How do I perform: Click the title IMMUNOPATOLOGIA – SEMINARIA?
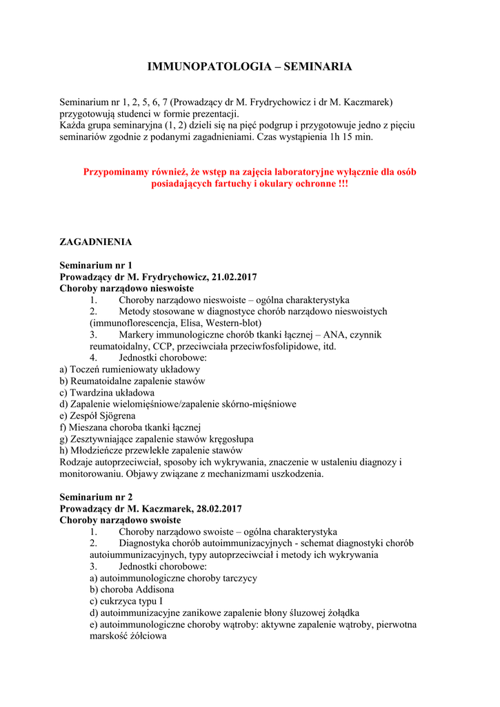[250, 67]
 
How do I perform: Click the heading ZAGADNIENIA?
[95, 242]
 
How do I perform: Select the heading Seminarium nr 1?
[96, 265]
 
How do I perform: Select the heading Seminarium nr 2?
[96, 497]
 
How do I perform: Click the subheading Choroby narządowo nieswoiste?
[126, 289]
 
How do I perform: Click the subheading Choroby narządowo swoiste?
[120, 521]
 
